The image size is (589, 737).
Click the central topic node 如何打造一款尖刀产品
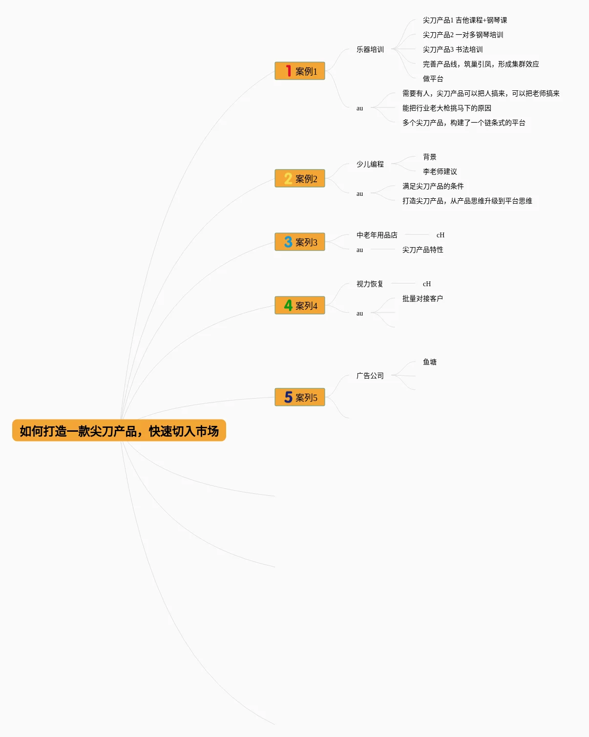tap(119, 431)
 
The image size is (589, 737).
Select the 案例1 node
tap(300, 71)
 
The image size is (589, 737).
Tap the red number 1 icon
tap(289, 71)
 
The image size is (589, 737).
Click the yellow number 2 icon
tap(288, 179)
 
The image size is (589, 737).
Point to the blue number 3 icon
tap(288, 242)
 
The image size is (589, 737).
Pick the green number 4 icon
tap(288, 305)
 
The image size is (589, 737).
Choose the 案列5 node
tap(300, 398)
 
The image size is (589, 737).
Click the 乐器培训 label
tap(370, 49)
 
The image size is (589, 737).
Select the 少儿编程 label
tap(370, 164)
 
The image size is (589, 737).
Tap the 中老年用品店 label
tap(377, 235)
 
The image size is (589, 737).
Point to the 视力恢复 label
tap(370, 284)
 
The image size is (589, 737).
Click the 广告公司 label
tap(370, 376)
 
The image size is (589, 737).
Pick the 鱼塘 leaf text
tap(429, 362)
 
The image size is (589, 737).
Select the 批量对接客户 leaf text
tap(422, 298)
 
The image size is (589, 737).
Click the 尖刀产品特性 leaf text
tap(422, 250)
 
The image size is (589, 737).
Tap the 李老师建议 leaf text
tap(440, 171)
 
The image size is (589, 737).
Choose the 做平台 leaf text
tap(433, 79)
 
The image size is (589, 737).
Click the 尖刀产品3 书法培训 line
tap(452, 49)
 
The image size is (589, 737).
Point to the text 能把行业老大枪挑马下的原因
tap(446, 108)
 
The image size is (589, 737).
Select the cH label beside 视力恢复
tap(427, 284)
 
